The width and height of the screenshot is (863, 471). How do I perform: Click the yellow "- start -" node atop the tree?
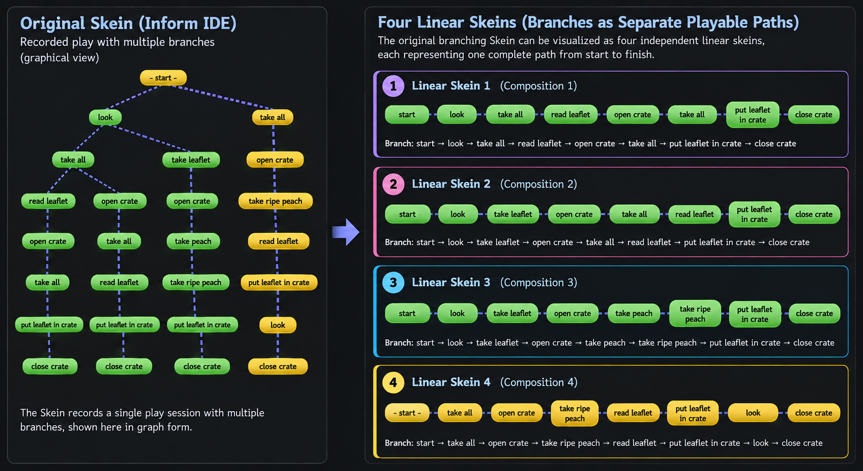[163, 78]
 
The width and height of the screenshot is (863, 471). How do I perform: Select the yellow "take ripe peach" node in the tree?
[275, 201]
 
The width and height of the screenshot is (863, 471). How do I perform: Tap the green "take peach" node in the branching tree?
[193, 241]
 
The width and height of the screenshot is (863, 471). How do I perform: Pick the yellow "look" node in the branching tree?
[277, 325]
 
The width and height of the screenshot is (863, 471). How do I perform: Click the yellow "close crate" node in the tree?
[278, 366]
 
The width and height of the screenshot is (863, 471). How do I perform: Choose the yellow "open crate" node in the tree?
[275, 160]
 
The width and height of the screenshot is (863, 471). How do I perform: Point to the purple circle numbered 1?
[393, 86]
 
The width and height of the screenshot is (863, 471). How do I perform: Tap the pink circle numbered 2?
[393, 184]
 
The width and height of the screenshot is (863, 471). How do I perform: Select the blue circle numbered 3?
[393, 282]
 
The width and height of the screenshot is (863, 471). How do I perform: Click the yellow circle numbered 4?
[393, 382]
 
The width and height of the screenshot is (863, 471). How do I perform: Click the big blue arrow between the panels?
[346, 232]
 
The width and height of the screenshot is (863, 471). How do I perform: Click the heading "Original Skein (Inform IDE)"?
[128, 23]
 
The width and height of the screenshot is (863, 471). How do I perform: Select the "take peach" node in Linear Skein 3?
[634, 313]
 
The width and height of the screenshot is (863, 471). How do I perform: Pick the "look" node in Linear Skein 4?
[753, 413]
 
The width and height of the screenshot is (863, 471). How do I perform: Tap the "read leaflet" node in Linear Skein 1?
[570, 114]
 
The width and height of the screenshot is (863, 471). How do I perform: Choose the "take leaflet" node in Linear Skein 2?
[513, 214]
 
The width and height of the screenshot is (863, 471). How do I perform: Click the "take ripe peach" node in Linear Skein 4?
[575, 413]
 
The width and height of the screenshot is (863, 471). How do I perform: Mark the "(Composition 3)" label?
[539, 282]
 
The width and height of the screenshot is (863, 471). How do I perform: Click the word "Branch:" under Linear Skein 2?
[399, 242]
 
